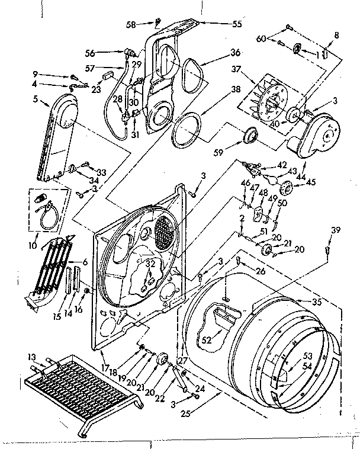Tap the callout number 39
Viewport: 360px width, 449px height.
(336, 230)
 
